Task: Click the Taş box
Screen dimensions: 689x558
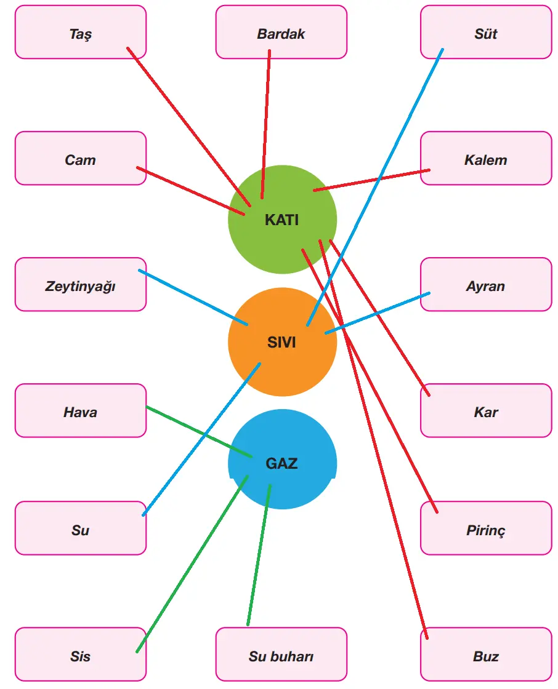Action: pos(81,33)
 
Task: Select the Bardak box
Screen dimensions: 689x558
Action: pos(281,33)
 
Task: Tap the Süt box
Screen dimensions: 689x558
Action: pos(486,33)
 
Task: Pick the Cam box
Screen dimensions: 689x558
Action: pos(81,159)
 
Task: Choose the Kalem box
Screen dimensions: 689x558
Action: pos(486,159)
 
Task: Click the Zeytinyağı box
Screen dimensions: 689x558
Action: pos(81,285)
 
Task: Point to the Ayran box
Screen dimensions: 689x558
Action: pos(486,285)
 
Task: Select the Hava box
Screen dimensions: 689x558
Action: pos(81,411)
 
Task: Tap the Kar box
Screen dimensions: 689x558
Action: pos(486,411)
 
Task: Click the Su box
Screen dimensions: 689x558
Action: pos(81,528)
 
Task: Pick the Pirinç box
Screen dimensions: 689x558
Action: pos(486,528)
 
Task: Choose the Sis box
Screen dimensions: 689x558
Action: pos(81,655)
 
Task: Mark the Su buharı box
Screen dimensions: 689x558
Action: pos(281,655)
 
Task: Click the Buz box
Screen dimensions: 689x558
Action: pos(486,655)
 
